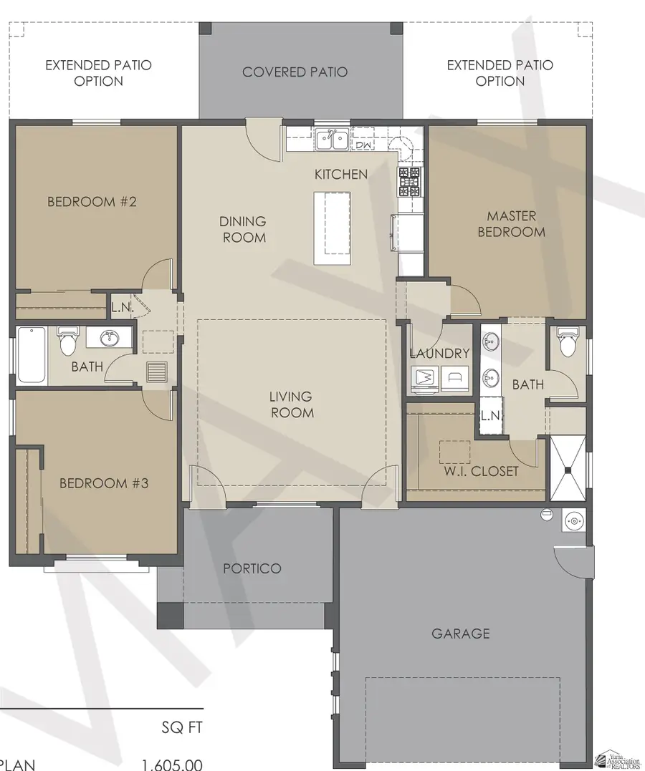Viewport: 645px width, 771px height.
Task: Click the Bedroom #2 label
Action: (x=92, y=202)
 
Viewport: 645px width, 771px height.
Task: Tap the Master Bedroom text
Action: (x=511, y=223)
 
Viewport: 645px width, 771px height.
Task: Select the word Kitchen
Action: (x=341, y=174)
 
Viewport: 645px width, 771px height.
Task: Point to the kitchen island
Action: (x=333, y=228)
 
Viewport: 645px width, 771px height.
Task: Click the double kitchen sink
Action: (x=332, y=139)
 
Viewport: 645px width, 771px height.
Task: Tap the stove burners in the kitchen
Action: (x=410, y=182)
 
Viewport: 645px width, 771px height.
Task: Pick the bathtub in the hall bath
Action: (x=32, y=354)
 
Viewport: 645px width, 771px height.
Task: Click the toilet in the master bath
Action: (x=568, y=342)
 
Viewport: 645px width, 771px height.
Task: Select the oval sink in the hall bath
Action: (x=110, y=337)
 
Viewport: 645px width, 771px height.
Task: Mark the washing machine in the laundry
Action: (x=426, y=376)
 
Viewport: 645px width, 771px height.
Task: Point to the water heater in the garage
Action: (x=573, y=520)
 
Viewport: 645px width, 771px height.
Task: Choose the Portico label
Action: (x=252, y=568)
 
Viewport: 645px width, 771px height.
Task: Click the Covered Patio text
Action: (x=295, y=72)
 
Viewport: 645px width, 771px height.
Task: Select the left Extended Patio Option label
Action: (x=98, y=73)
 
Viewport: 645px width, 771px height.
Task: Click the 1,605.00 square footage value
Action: (x=171, y=765)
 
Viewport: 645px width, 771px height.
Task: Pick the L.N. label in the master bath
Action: (x=489, y=416)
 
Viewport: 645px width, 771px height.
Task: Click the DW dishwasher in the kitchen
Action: (x=363, y=141)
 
